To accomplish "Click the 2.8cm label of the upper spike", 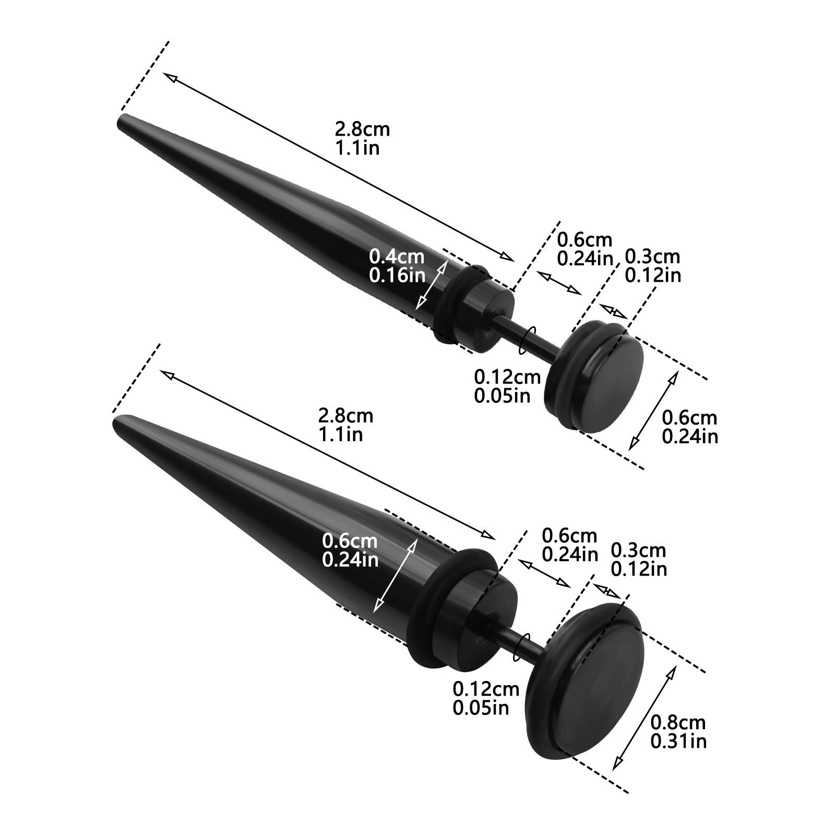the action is (363, 129).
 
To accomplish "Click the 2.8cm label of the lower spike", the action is (346, 415).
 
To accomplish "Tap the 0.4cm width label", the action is (397, 257).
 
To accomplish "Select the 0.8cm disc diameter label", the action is (678, 722).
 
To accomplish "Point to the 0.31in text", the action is (678, 741).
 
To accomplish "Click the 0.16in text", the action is (397, 275).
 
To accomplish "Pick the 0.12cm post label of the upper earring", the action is (507, 377).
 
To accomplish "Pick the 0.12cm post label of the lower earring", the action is (486, 689).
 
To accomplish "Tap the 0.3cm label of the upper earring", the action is (652, 257).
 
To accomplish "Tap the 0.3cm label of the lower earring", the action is (638, 551).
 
